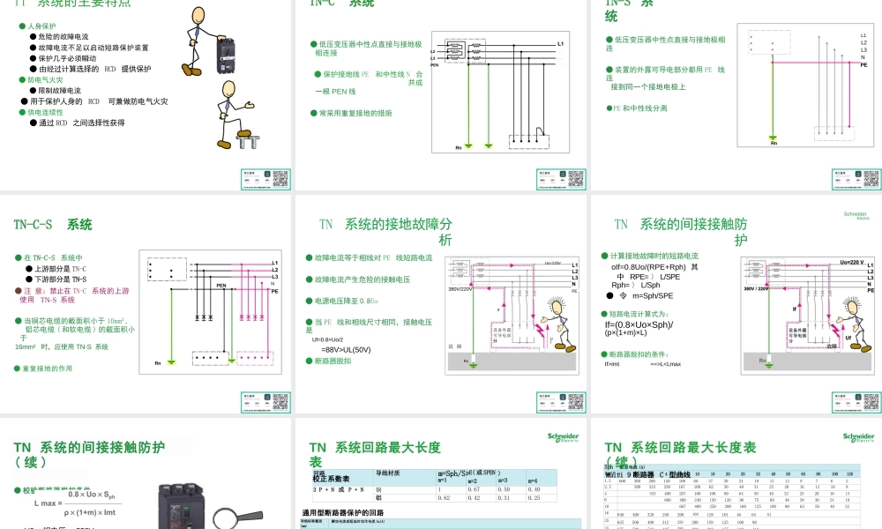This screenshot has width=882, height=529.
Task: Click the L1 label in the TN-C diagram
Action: (560, 43)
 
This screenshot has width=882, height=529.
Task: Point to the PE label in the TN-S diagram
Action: (863, 64)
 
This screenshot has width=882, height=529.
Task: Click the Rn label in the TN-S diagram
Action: (774, 143)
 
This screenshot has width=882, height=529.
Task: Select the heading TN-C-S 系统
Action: (53, 225)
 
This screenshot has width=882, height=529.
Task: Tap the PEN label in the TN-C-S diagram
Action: (221, 286)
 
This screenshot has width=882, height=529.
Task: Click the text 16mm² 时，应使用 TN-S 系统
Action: (62, 347)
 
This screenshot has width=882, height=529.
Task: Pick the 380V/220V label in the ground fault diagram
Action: (460, 289)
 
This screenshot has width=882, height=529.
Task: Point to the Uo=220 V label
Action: (851, 262)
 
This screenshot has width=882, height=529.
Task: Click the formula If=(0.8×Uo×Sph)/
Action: (639, 324)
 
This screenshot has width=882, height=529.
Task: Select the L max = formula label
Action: (49, 503)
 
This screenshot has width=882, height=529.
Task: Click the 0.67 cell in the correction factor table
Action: (475, 488)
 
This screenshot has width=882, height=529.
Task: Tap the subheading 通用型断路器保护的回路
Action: (343, 512)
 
